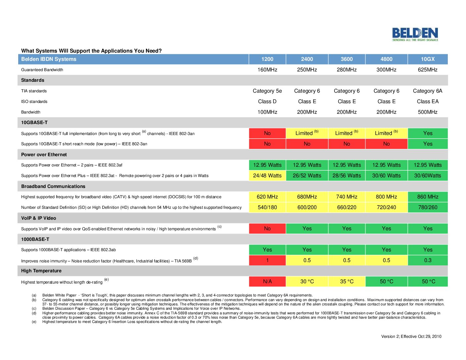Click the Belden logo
[415, 34]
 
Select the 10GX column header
[428, 59]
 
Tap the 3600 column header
[347, 59]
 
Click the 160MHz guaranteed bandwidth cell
[267, 70]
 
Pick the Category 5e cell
[267, 91]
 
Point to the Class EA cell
[428, 102]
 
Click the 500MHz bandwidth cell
[428, 112]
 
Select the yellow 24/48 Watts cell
[267, 176]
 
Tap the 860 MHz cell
[428, 197]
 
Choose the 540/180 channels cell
[267, 207]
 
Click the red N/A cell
[267, 282]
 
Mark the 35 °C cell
[347, 282]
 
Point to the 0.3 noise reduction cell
[428, 260]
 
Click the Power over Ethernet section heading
[44, 155]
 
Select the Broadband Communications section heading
[53, 186]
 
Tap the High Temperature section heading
[41, 271]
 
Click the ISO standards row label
[34, 102]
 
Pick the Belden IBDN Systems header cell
[49, 59]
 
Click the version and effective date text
[411, 337]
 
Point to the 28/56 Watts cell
[347, 176]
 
